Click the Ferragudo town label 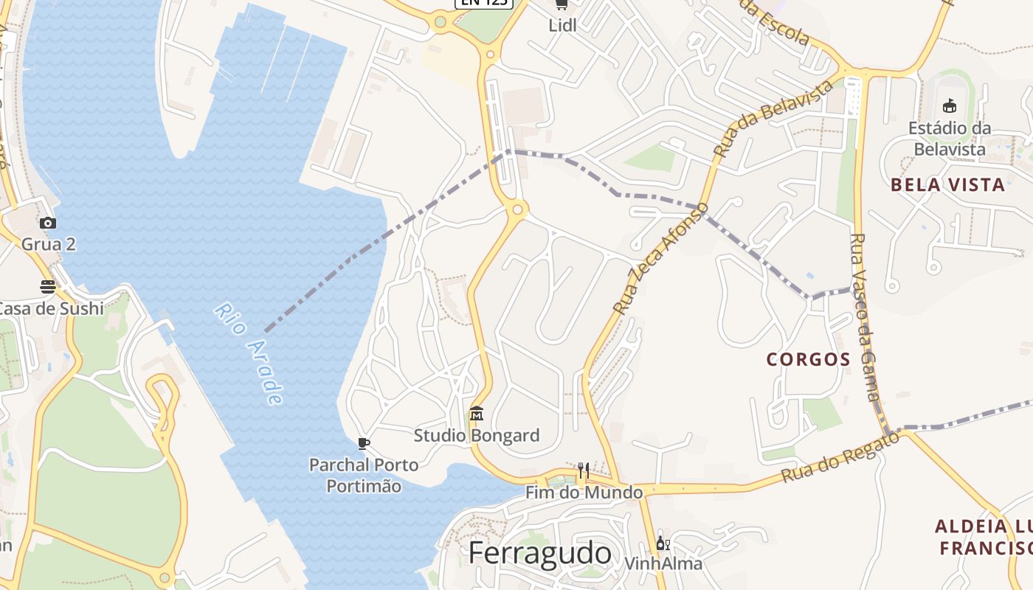540,553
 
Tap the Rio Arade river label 249,353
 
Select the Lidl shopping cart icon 562,4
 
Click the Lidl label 562,25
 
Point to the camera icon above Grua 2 48,223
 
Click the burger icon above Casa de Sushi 48,287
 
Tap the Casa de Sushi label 50,308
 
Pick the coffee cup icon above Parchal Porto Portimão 363,443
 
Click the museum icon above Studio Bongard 477,414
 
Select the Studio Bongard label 477,435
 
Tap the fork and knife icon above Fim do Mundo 583,470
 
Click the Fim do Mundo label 584,492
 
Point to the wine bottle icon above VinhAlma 663,544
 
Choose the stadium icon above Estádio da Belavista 950,105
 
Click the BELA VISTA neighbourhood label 947,184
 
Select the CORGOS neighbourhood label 809,359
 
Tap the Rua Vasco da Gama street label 868,317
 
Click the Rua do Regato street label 840,457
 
